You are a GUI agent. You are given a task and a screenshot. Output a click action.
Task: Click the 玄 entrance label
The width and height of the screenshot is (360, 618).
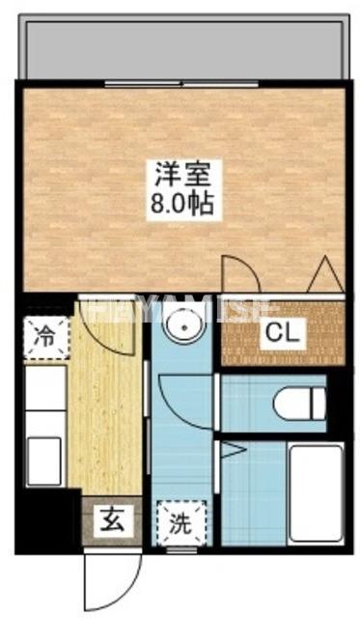(110, 524)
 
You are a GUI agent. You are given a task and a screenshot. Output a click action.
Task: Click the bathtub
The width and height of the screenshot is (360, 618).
(314, 493)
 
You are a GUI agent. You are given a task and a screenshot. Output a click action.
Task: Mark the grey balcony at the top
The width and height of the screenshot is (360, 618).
(183, 48)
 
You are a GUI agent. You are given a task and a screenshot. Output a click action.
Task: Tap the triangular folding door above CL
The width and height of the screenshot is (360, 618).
(321, 274)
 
